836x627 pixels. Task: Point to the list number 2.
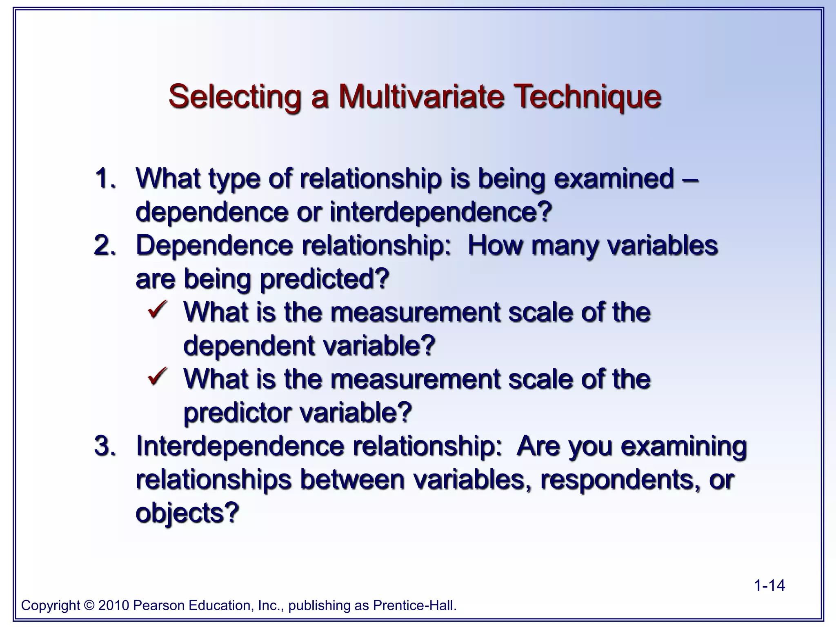tap(104, 246)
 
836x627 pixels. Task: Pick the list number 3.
tap(104, 446)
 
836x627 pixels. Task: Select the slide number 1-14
tap(769, 586)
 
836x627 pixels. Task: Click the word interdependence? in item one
tap(440, 212)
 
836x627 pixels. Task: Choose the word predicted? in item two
tap(325, 279)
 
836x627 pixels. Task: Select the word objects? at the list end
tap(187, 513)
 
